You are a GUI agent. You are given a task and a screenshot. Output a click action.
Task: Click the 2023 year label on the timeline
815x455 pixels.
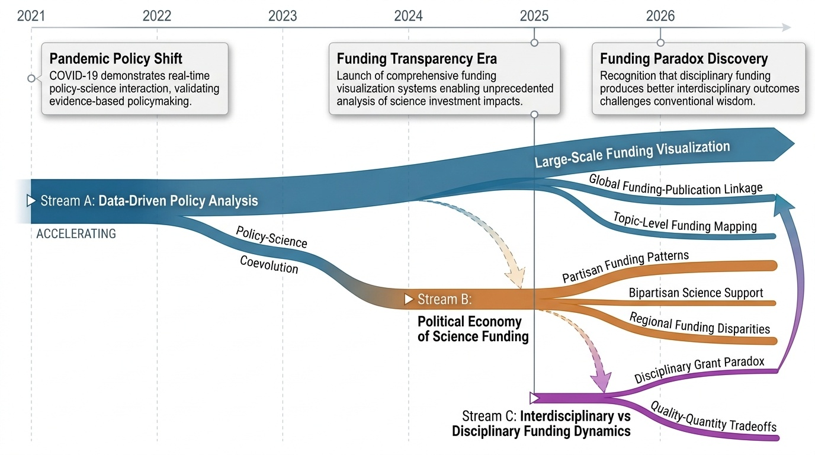[283, 16]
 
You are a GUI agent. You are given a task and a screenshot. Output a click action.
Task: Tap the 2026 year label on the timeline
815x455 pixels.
[660, 16]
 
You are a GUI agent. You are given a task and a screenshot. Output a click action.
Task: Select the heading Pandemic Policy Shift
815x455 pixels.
[116, 59]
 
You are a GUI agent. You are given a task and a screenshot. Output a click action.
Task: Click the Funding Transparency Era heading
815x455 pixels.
[417, 59]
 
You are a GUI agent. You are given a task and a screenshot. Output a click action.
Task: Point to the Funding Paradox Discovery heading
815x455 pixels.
[684, 59]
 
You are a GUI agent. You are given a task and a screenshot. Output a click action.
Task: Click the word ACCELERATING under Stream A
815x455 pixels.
[76, 233]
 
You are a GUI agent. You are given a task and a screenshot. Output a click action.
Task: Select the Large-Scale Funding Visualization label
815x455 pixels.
[632, 154]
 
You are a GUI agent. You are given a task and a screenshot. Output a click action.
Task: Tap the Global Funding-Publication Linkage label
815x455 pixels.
[676, 184]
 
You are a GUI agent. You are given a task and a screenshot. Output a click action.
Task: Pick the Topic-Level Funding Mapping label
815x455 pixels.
[685, 222]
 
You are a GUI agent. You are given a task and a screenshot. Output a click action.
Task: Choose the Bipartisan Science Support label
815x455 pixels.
[696, 293]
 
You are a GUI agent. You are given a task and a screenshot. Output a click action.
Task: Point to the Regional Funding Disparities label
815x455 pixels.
[700, 323]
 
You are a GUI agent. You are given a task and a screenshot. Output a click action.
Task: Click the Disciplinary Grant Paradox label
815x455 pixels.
[699, 370]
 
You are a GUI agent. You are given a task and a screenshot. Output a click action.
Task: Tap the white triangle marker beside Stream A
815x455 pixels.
[31, 201]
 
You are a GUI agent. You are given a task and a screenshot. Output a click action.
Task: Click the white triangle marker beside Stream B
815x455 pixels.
[409, 299]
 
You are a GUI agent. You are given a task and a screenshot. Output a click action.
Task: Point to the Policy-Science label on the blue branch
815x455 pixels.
[272, 237]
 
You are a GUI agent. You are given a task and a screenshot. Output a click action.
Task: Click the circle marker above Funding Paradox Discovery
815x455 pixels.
[660, 43]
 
